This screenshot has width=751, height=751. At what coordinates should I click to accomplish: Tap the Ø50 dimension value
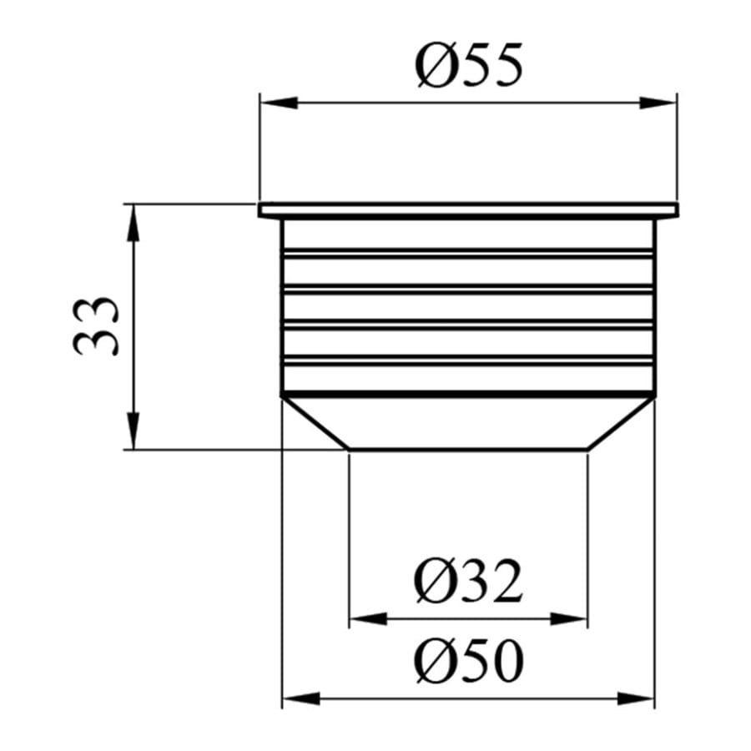click(469, 663)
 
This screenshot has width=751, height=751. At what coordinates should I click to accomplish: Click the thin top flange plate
click(468, 209)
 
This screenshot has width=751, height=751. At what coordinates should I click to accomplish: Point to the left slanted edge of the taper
click(315, 424)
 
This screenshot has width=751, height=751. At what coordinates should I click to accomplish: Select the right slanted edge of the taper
click(622, 424)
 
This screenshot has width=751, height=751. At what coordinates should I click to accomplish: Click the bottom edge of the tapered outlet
click(468, 450)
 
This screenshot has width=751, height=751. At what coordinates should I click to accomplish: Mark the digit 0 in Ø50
click(507, 663)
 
